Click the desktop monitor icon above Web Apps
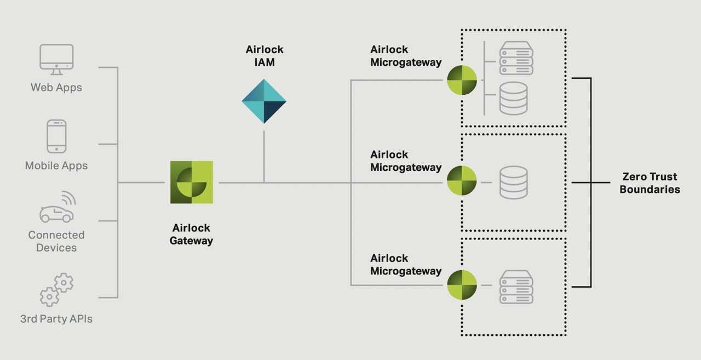tap(56, 59)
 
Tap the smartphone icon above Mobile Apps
tap(56, 136)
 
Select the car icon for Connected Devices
tap(57, 209)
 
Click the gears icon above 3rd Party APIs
tap(56, 289)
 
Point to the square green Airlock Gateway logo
tap(192, 182)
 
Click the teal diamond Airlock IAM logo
tap(264, 101)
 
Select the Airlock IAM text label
tap(265, 56)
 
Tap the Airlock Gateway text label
tap(191, 234)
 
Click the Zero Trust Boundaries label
tap(650, 183)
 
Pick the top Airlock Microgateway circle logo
tap(462, 81)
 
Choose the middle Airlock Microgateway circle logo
tap(462, 181)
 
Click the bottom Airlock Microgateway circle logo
tap(462, 285)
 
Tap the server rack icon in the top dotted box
tap(516, 59)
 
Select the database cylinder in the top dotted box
tap(514, 98)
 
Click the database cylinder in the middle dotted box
tap(514, 182)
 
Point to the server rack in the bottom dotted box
tap(516, 287)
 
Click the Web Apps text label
tap(56, 87)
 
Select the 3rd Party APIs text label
tap(56, 318)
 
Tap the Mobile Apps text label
tap(56, 165)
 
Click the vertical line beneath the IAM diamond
tap(264, 156)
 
